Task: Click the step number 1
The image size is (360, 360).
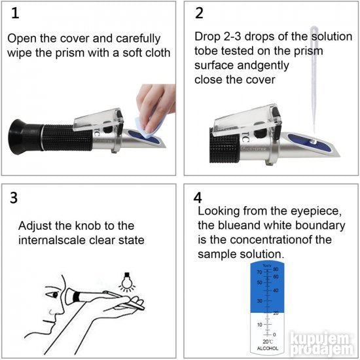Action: point(15,13)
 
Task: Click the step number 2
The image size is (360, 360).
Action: point(199,13)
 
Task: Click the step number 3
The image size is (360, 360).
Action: point(14,198)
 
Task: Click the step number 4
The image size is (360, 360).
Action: point(198,198)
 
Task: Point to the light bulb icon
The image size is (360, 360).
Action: point(127,281)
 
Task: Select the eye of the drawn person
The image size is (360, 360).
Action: point(54,295)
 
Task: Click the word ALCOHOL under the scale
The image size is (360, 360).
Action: point(268,348)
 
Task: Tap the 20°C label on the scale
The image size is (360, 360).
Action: point(268,342)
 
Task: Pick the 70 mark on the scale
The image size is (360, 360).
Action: point(259,272)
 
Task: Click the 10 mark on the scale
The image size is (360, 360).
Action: point(259,325)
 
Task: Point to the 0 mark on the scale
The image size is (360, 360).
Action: point(274,334)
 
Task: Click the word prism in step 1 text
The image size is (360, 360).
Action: point(70,54)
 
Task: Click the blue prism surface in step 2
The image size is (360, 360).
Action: point(310,142)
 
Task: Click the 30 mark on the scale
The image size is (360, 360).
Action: point(259,300)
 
